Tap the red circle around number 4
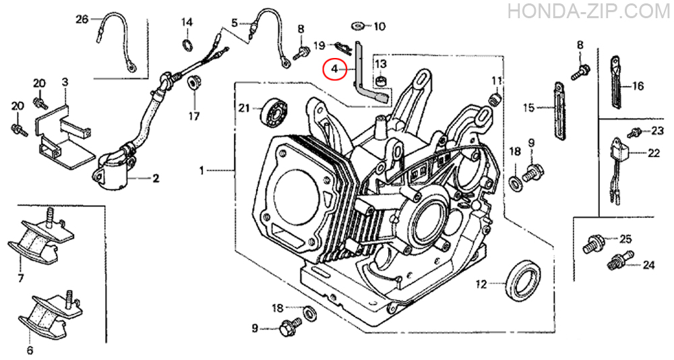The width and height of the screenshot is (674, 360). coord(335,69)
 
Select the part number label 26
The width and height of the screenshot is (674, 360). coord(82,19)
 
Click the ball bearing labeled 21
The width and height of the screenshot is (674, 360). coord(274,113)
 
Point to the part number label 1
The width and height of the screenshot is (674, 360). coord(202,171)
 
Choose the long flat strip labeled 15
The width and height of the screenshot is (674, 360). coord(557,111)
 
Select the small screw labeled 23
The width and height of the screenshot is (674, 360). coord(633,133)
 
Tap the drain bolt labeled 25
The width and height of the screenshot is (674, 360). coord(591,244)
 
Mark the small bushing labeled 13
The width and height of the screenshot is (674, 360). coord(380,82)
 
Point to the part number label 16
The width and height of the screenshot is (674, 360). coord(638,86)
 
